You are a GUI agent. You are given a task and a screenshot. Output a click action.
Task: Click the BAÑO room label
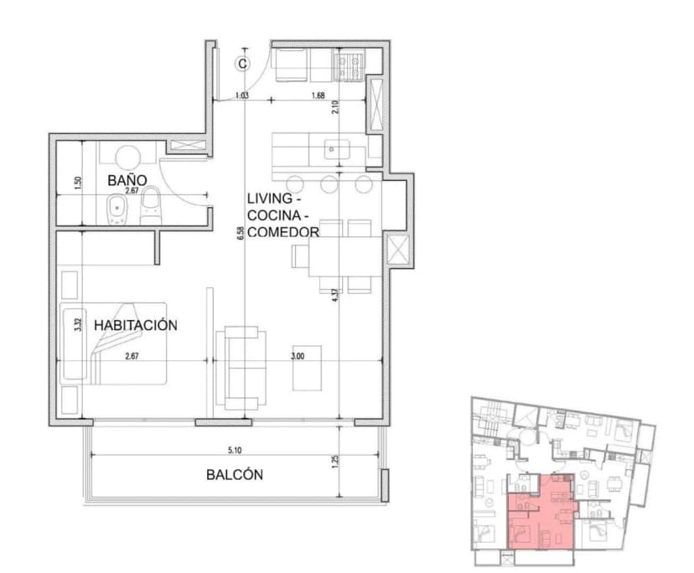[127, 180]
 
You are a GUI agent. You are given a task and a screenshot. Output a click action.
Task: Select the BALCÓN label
[235, 475]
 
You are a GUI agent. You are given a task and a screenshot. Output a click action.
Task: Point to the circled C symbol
[242, 62]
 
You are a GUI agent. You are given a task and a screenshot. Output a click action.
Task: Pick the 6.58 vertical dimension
[240, 235]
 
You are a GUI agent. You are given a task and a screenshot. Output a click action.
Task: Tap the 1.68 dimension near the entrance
[318, 95]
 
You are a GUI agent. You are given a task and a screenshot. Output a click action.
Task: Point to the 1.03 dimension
[242, 95]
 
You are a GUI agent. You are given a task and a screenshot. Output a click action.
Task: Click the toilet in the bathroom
[151, 206]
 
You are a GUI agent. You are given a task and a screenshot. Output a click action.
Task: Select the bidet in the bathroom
[117, 209]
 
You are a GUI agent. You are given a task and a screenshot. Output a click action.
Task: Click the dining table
[343, 256]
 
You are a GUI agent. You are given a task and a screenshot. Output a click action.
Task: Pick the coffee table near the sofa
[306, 368]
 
